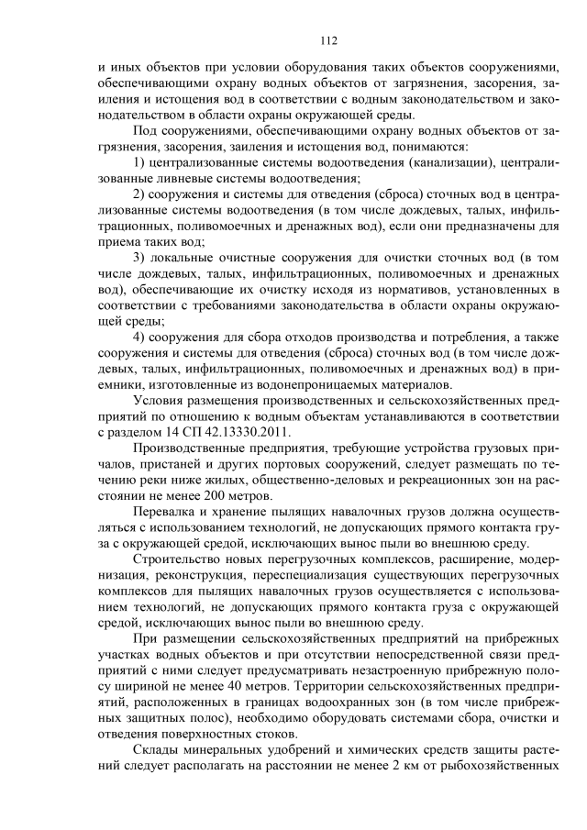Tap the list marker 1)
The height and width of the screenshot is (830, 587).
tap(140, 162)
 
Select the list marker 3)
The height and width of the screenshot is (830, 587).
tap(140, 258)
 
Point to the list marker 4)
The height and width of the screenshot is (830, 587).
tap(140, 337)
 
